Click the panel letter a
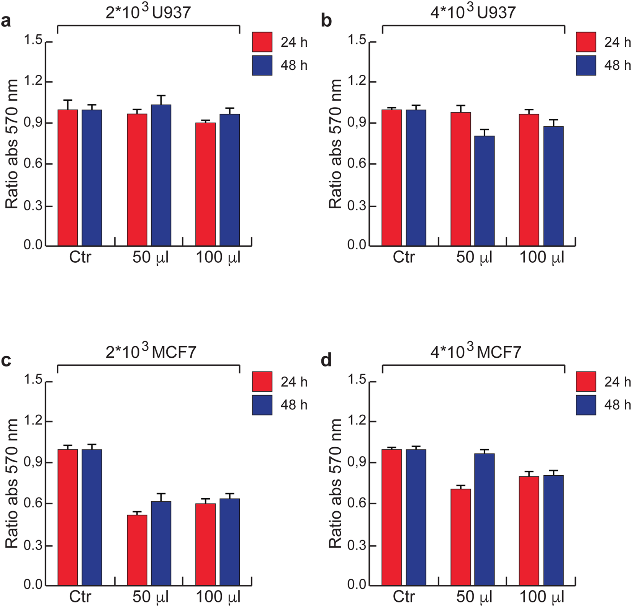click(x=6, y=21)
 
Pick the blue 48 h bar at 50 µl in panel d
click(x=485, y=519)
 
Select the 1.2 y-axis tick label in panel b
click(x=357, y=82)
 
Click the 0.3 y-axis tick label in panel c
click(x=33, y=545)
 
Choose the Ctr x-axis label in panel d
click(x=404, y=597)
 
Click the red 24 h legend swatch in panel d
click(x=586, y=381)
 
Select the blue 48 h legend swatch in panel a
click(x=262, y=65)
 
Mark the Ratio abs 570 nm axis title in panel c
click(x=12, y=483)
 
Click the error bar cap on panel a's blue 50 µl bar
click(x=161, y=95)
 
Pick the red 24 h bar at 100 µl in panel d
click(x=529, y=531)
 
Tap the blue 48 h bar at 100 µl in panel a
click(x=230, y=180)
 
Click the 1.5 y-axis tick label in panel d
click(x=357, y=380)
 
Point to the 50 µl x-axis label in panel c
click(x=151, y=597)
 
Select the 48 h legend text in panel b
click(x=617, y=65)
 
